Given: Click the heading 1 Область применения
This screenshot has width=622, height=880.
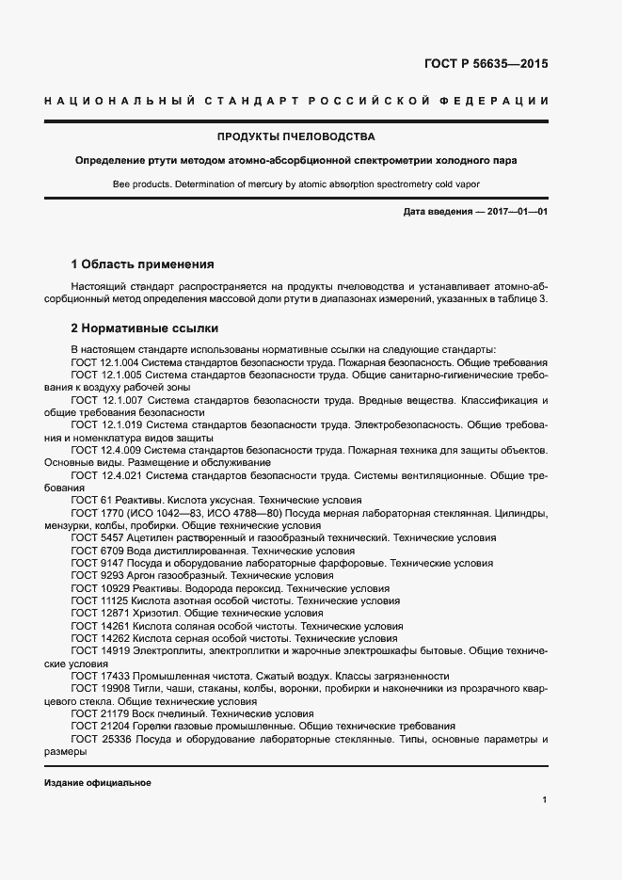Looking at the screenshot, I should coord(143,264).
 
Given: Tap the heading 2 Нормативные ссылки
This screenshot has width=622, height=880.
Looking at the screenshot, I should coord(145,328).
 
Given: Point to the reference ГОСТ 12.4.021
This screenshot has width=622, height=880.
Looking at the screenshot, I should coord(106,475).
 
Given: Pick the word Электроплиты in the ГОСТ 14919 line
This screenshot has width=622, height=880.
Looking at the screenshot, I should coord(168,650).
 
